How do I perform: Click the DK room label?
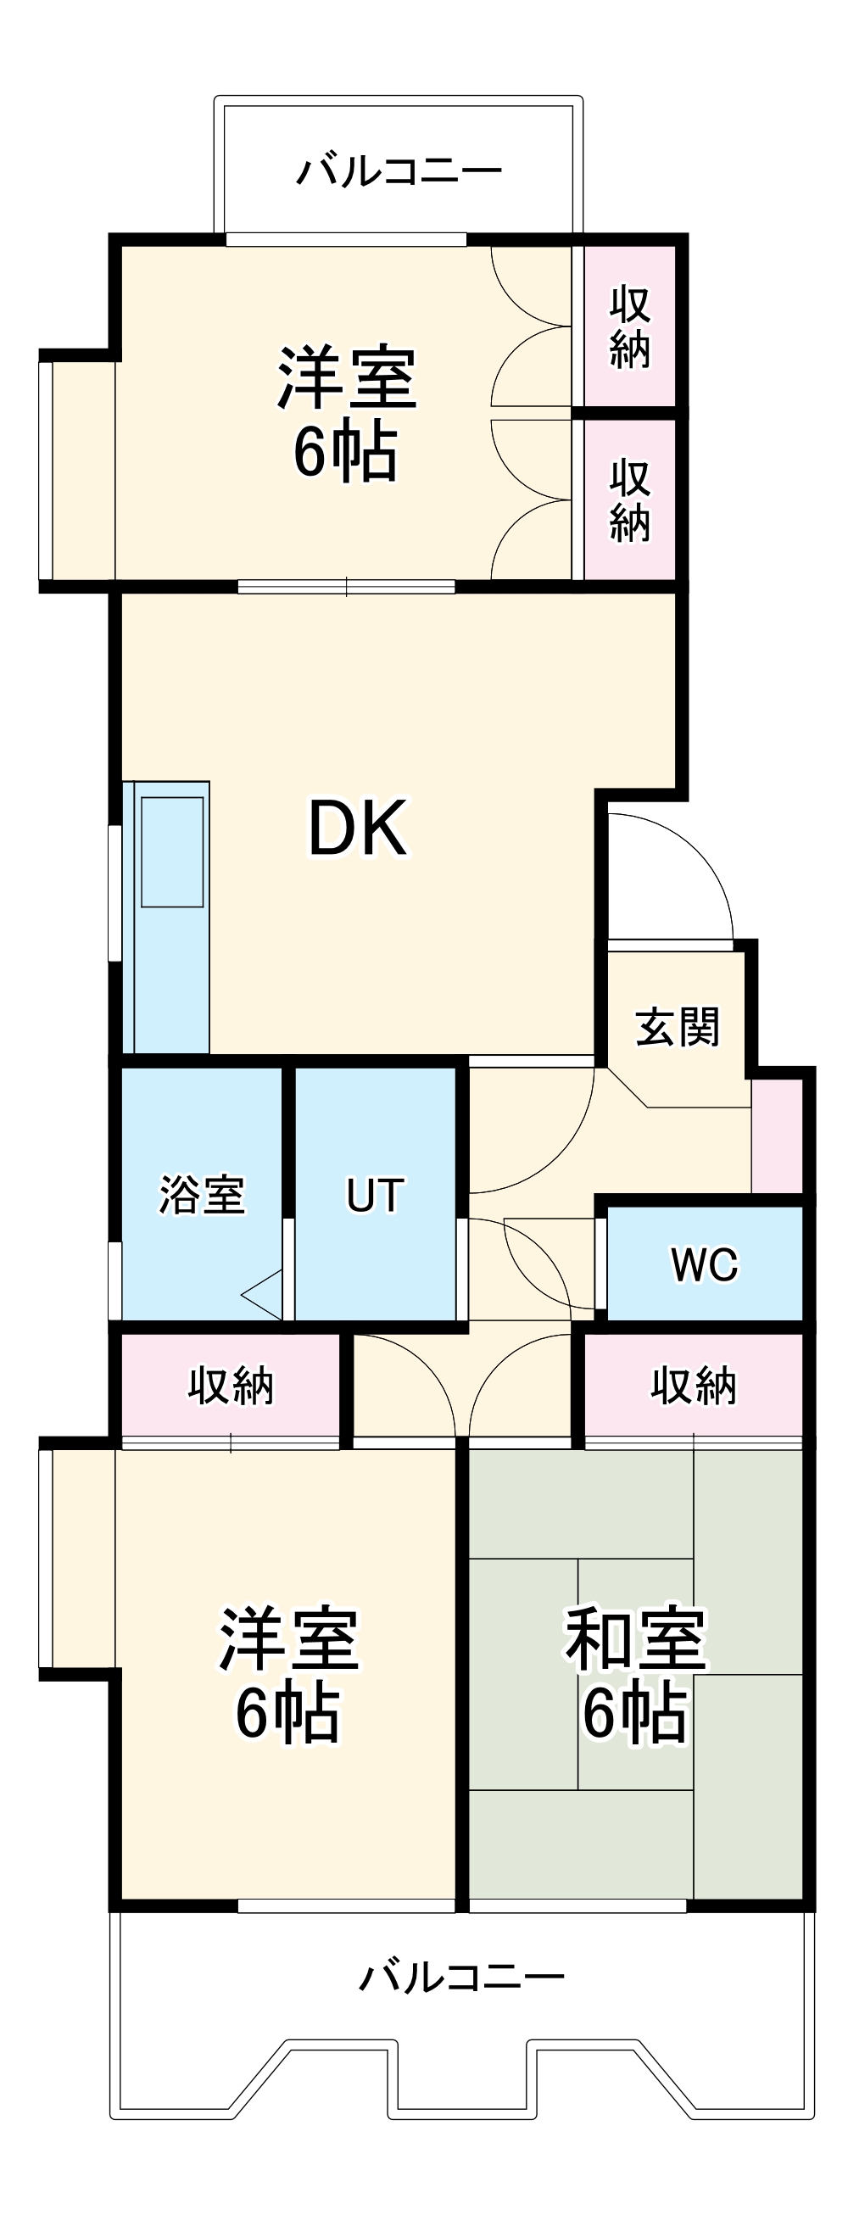point(357,827)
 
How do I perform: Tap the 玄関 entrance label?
point(677,1027)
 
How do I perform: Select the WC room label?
point(704,1264)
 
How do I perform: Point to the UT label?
point(374,1195)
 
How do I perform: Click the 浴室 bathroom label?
point(202,1194)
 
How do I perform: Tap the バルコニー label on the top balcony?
point(399,171)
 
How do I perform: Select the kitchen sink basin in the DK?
point(172,851)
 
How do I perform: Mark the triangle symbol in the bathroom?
point(265,1294)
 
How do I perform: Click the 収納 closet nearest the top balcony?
point(628,326)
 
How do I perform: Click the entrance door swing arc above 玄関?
point(679,868)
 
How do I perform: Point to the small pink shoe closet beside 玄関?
point(777,1135)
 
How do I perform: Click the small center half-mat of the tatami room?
point(634,1672)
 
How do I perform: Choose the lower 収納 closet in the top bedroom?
point(628,500)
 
